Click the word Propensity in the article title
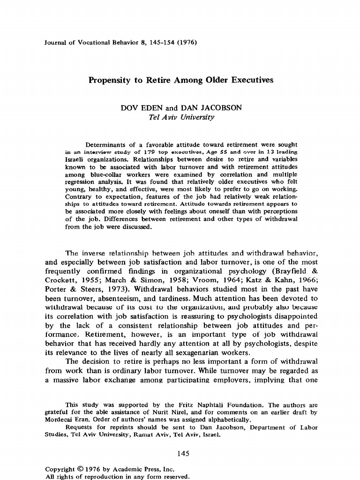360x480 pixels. click(110, 80)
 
